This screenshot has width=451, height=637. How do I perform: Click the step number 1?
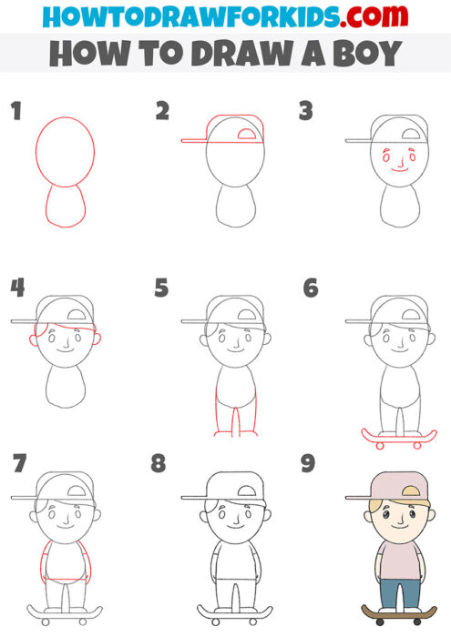[15, 112]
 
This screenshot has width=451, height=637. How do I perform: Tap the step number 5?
[162, 288]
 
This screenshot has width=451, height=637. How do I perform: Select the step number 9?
[308, 464]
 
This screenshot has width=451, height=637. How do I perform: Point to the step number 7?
[17, 464]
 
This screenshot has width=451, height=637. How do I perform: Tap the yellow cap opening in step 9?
[410, 492]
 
